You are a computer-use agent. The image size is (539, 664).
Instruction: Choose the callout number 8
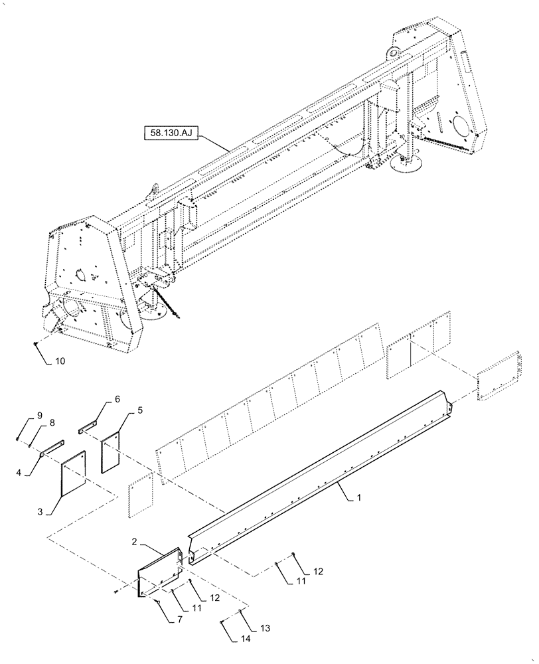(51, 423)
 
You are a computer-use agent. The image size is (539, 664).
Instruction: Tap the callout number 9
(40, 416)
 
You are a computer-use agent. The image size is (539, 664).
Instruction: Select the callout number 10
(60, 362)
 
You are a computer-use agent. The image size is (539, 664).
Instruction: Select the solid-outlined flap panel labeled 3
(74, 473)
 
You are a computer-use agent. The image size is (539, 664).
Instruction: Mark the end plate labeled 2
(159, 568)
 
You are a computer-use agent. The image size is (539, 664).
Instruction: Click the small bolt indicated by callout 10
(35, 343)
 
